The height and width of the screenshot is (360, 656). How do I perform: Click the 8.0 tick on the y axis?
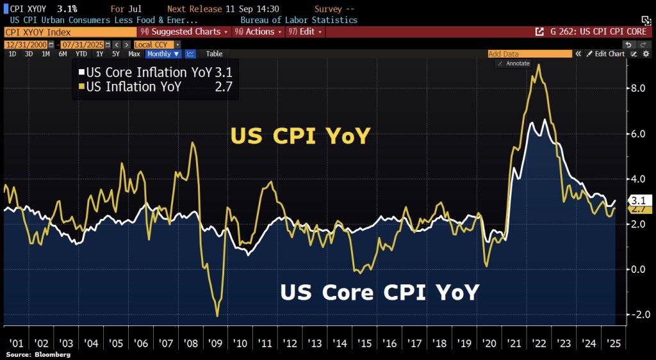[637, 88]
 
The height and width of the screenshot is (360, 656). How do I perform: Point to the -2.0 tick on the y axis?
[636, 315]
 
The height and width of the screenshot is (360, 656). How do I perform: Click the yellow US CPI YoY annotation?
[300, 136]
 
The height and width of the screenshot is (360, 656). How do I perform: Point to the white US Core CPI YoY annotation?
[379, 292]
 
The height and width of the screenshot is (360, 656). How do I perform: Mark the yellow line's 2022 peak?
[539, 65]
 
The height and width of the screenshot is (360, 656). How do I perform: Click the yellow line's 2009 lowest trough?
[217, 316]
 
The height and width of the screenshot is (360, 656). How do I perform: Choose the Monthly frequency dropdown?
[163, 54]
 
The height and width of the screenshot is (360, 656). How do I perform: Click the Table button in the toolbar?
[215, 54]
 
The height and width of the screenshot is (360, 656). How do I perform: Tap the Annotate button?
[514, 63]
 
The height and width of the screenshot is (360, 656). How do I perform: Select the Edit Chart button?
[605, 54]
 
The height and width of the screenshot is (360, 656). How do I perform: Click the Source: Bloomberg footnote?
[38, 354]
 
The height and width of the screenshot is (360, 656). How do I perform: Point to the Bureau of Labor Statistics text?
[299, 20]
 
